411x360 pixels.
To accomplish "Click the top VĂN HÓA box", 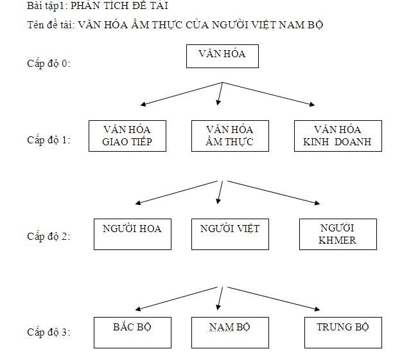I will coord(222,56).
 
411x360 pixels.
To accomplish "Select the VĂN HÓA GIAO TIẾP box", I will coord(127,136).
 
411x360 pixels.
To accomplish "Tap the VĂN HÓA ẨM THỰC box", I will coord(229,136).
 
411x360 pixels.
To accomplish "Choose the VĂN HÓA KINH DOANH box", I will coord(338,136).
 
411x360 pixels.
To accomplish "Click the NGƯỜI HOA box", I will coord(132,234).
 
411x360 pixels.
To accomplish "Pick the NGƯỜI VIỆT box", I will coord(230,234).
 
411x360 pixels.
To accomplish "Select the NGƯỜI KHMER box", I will coord(337,235).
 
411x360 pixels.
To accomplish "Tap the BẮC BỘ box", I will coord(132,333).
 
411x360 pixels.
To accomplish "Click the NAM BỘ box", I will coord(229,333).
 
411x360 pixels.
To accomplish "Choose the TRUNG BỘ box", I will coord(343,333).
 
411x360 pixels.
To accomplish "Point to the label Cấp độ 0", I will coord(48,64).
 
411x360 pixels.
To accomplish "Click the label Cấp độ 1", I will coord(48,139).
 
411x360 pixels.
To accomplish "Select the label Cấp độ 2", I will coord(48,236).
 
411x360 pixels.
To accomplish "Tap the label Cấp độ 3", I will coord(48,332).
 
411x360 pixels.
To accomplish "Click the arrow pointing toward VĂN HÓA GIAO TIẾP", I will coord(181,93).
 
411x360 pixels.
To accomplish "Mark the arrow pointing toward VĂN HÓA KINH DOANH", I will coord(270,94).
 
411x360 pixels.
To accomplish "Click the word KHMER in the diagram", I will coord(337,241).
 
